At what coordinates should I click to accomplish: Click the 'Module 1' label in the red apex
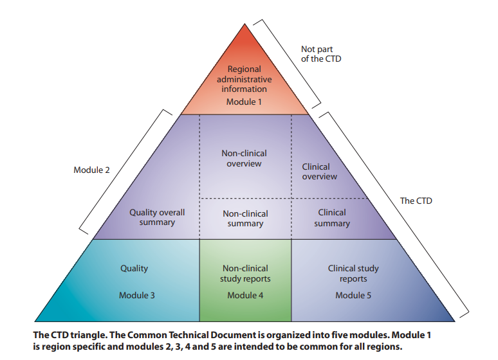tap(244, 102)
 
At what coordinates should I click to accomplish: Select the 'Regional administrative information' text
tap(244, 79)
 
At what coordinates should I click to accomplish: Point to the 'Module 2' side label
tap(91, 170)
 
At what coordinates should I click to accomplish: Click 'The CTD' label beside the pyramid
tap(416, 201)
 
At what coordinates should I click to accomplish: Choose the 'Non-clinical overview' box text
tap(244, 159)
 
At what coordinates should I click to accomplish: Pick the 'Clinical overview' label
tap(320, 172)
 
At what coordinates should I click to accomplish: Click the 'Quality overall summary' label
tap(157, 217)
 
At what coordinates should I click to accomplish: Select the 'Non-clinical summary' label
tap(245, 219)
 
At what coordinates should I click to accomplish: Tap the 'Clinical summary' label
tap(332, 218)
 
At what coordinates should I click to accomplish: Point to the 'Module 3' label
tap(136, 295)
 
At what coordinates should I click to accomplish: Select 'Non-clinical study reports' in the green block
tap(245, 273)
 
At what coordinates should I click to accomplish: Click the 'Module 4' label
tap(245, 295)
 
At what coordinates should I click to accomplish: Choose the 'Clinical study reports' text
tap(353, 273)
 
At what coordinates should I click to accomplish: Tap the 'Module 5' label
tap(353, 295)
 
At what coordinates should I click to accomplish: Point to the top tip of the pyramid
tap(244, 25)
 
